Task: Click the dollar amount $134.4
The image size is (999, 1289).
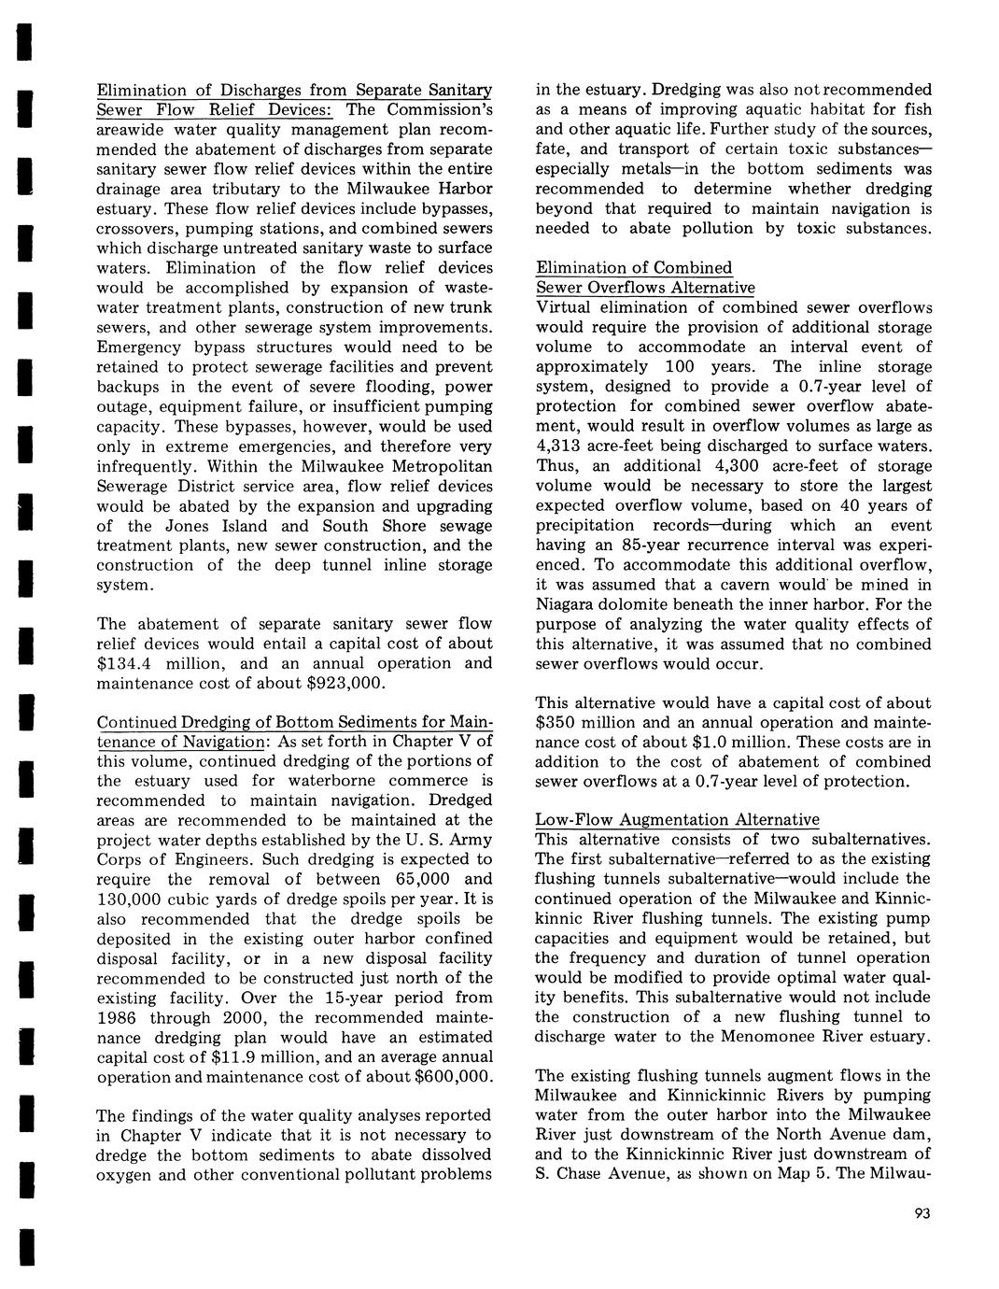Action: [126, 663]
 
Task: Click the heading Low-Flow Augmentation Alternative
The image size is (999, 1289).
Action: [677, 820]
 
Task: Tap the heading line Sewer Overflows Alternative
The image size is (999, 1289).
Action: [645, 288]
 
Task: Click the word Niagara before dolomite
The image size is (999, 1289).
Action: [567, 604]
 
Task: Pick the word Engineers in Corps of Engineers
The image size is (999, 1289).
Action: [204, 860]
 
